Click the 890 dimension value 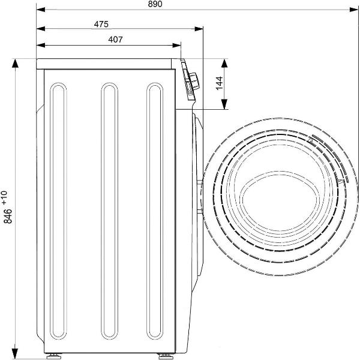click(x=155, y=4)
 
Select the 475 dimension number click(x=101, y=24)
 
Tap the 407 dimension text click(x=115, y=40)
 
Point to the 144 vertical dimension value click(x=219, y=83)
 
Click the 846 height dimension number click(x=8, y=216)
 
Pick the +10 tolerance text click(x=5, y=197)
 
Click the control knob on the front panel click(x=194, y=81)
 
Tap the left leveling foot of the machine click(x=54, y=356)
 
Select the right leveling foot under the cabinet click(x=166, y=356)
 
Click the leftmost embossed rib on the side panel click(x=58, y=211)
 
